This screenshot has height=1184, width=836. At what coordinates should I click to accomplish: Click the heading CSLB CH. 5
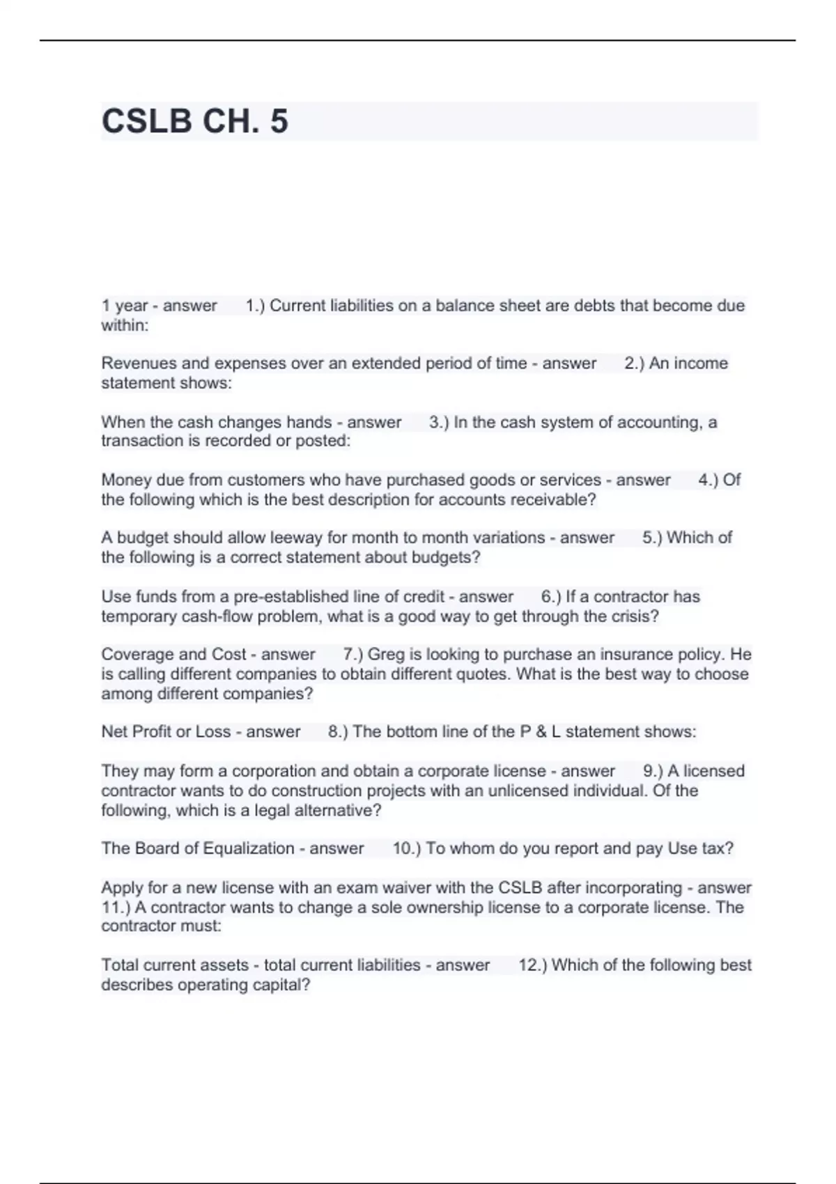(194, 121)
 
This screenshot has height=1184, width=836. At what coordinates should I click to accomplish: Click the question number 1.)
(255, 306)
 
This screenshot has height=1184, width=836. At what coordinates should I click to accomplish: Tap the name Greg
(385, 655)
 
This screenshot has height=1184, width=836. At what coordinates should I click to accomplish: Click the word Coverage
(137, 655)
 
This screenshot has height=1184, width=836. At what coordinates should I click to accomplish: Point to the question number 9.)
(653, 771)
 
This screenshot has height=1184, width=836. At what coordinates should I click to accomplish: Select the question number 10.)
(406, 848)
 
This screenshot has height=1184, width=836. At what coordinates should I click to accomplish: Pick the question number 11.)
(116, 908)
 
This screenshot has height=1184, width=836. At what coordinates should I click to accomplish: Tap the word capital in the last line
(281, 986)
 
